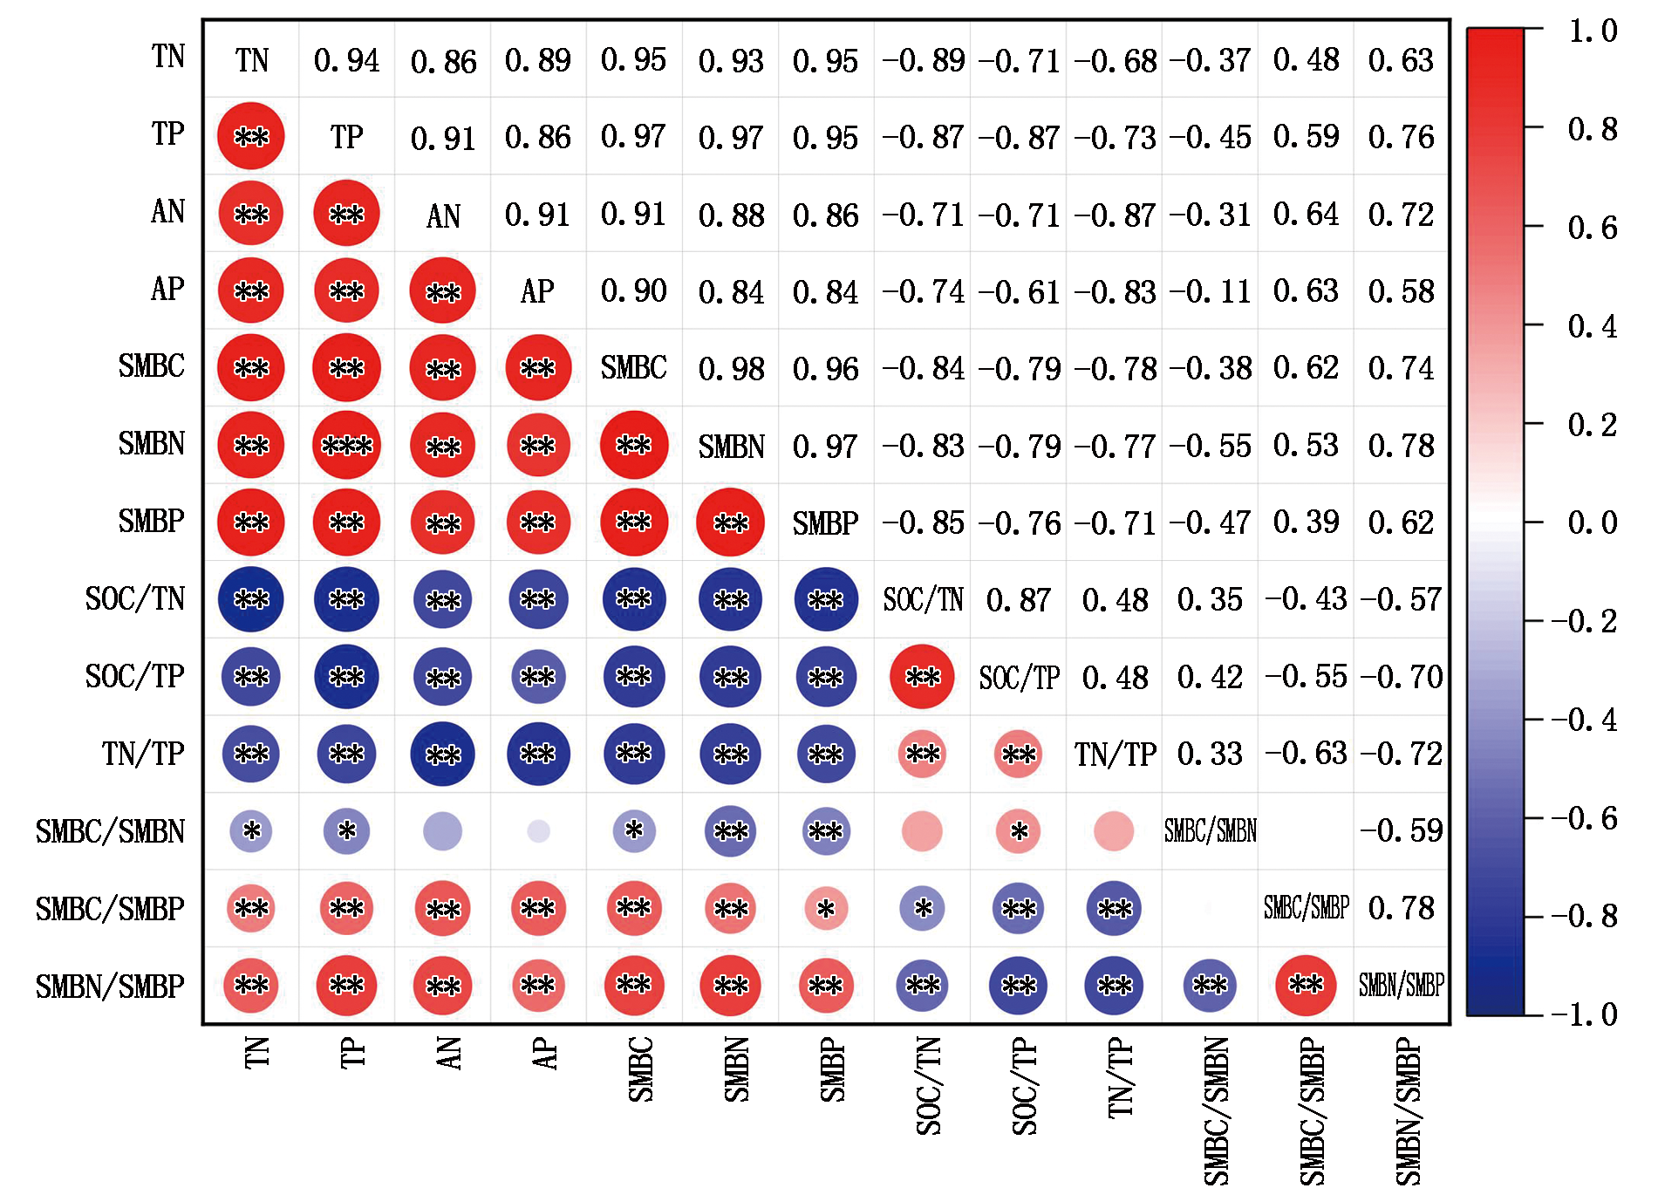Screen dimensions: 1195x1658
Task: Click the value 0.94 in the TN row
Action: tap(346, 60)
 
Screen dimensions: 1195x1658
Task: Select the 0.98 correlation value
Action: tap(731, 369)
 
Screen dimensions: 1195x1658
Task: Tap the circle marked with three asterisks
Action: tap(346, 446)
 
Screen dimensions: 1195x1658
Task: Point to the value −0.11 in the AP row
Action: tap(1210, 291)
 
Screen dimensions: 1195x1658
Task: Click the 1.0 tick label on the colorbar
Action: tap(1592, 31)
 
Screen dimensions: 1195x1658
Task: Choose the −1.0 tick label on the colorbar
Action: tap(1584, 1014)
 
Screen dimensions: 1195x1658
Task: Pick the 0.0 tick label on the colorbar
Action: tap(1592, 522)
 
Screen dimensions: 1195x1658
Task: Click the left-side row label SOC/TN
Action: tap(135, 599)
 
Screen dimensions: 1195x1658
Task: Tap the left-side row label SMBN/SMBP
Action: tap(110, 987)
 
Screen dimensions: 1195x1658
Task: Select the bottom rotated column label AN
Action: tap(449, 1053)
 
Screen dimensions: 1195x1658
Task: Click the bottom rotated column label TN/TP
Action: tap(1121, 1078)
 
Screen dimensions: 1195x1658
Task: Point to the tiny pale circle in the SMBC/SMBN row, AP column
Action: tap(538, 831)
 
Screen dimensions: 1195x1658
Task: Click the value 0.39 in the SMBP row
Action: tap(1306, 522)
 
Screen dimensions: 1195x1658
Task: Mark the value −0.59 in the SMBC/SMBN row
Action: tap(1401, 831)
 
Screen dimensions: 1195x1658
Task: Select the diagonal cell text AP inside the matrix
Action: tap(537, 291)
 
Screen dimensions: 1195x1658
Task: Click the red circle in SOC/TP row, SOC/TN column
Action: tap(922, 677)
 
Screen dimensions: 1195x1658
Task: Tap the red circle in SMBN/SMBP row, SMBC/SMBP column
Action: tap(1306, 986)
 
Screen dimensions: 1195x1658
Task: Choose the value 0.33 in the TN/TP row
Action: tap(1210, 754)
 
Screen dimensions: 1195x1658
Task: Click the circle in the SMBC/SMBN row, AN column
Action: tap(442, 831)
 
